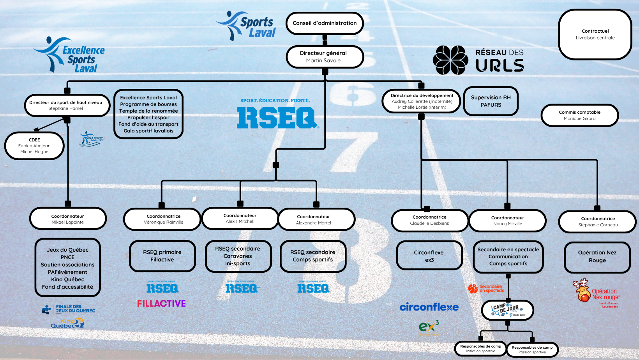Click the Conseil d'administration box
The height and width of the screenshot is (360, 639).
point(325,23)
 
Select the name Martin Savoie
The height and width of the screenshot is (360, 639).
point(323,61)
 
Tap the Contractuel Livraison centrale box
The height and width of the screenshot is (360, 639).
point(595,35)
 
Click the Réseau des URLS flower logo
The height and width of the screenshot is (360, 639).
point(450,60)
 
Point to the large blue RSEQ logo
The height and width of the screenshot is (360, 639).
point(276,118)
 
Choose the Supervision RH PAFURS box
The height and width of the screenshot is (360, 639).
point(491,101)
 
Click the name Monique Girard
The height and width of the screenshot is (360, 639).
point(579,119)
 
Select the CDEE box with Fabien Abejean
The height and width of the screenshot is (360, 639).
point(34,146)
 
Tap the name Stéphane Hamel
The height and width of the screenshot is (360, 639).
point(65,109)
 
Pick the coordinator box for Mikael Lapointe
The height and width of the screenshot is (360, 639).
point(68,219)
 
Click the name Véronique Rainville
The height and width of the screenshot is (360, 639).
point(163,222)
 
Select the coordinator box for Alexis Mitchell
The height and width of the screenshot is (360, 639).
point(240,218)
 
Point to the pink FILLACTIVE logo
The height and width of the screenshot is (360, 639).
point(161,304)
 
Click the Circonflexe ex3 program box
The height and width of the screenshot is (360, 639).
point(429,256)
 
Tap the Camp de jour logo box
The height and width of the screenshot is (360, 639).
point(507,310)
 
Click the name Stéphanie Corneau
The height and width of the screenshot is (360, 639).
point(598,225)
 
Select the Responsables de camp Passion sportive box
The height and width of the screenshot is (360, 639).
point(532,349)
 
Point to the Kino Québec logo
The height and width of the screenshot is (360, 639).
point(67,323)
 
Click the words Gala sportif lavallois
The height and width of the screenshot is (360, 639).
point(148,131)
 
